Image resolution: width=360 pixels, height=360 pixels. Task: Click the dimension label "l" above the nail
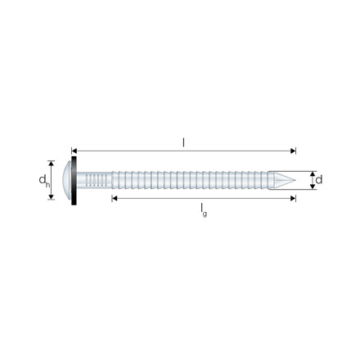click(x=183, y=142)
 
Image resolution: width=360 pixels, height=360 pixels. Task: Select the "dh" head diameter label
click(x=46, y=180)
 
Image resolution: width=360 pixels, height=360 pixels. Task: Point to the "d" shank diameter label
click(x=318, y=179)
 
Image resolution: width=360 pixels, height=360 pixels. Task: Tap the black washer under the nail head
click(x=77, y=180)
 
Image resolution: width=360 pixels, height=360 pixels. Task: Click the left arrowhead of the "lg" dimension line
click(x=115, y=198)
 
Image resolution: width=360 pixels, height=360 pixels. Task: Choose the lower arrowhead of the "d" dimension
click(x=311, y=187)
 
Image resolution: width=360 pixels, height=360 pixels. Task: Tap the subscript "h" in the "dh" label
click(x=48, y=183)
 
